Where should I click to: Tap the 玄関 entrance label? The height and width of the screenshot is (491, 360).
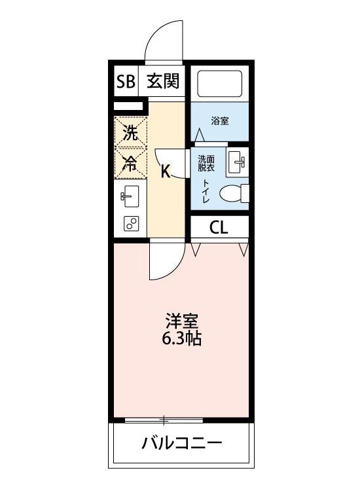click(x=162, y=82)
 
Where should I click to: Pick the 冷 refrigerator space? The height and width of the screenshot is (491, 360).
click(x=131, y=164)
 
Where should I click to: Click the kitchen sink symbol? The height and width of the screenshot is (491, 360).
click(x=130, y=196)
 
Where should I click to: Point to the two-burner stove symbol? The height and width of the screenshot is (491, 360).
click(x=130, y=224)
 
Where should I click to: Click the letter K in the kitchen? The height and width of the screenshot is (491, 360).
click(x=166, y=172)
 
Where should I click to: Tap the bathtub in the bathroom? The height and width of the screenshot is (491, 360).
click(x=219, y=84)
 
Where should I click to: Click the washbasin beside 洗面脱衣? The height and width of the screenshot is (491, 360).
click(x=238, y=161)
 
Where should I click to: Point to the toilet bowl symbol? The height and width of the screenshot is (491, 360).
click(x=234, y=194)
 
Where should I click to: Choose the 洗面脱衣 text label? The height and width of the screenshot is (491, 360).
click(x=207, y=162)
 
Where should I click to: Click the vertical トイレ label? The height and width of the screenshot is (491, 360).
click(x=206, y=192)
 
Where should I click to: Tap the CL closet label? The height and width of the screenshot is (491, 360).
click(x=219, y=227)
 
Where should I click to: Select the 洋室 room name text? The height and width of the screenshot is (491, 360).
click(x=181, y=321)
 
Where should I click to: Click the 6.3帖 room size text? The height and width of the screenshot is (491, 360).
click(x=181, y=340)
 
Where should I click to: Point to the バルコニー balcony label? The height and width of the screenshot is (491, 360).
click(x=182, y=443)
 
